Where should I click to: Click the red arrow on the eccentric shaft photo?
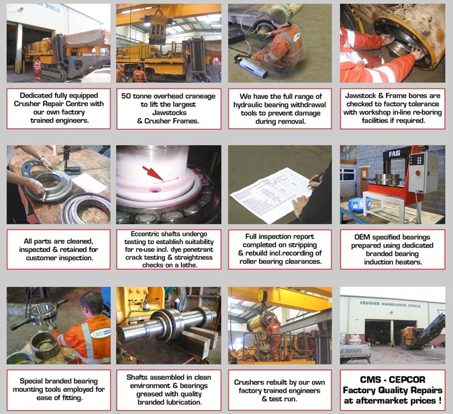click(153, 173)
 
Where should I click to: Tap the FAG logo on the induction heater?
click(395, 154)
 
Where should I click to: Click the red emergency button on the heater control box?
click(417, 173)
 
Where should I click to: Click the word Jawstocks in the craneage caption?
click(169, 112)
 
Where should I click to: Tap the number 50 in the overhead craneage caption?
click(126, 96)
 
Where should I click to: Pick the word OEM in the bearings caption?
click(362, 237)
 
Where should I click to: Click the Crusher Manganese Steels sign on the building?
click(390, 304)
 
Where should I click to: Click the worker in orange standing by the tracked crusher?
click(38, 69)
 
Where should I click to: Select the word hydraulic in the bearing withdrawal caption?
click(247, 105)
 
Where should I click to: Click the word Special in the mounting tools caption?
click(31, 381)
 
